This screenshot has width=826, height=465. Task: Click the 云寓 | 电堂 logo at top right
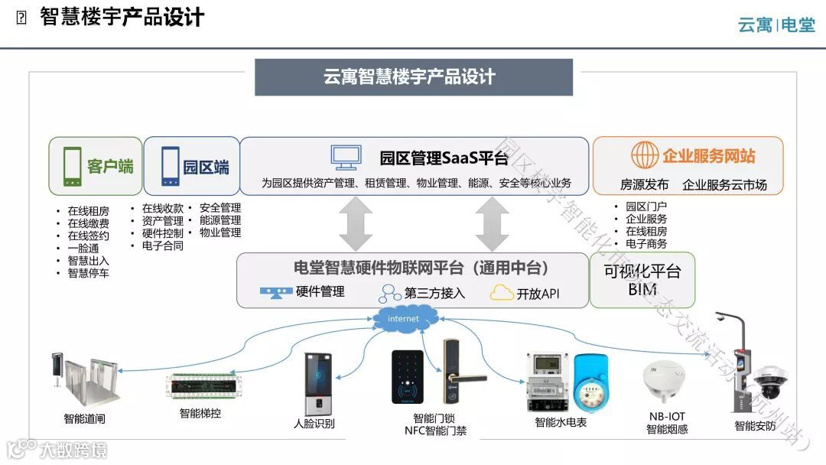tap(776, 24)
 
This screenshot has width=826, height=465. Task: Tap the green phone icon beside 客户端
tap(73, 166)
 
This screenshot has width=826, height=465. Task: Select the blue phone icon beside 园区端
tap(170, 166)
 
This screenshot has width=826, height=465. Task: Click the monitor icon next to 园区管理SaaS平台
tap(346, 157)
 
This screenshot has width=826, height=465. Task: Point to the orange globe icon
tap(645, 155)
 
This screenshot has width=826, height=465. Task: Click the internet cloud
tap(403, 318)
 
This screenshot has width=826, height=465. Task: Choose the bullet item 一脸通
tap(83, 248)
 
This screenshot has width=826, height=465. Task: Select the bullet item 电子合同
tap(162, 246)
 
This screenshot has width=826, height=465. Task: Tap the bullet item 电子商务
tap(646, 244)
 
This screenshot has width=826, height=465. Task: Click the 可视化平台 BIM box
tap(642, 280)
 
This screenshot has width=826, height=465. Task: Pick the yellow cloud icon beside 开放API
tap(502, 293)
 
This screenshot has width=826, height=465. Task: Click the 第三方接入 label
tap(434, 293)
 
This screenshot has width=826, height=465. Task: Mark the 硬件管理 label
tap(320, 291)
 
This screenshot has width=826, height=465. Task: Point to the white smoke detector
tap(663, 381)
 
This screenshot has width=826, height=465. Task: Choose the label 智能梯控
tap(200, 414)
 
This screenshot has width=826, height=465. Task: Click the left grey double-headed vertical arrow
tap(355, 223)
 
